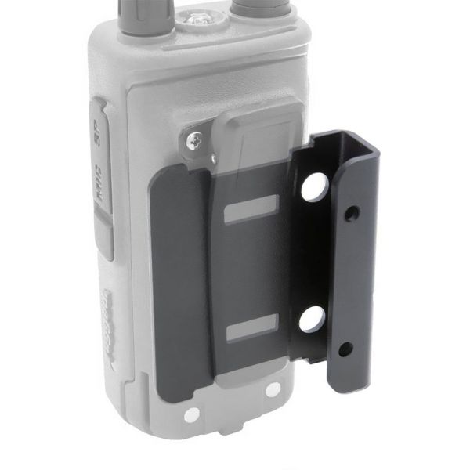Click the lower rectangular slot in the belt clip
(251, 331)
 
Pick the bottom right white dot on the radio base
(272, 389)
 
